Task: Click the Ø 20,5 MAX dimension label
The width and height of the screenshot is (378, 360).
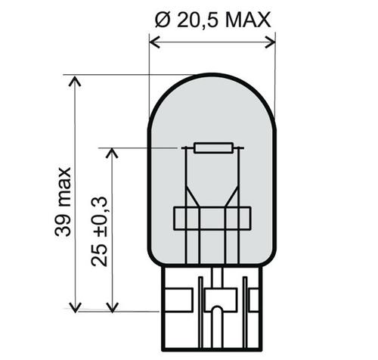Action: click(213, 20)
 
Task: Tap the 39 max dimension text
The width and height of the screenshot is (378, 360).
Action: click(63, 202)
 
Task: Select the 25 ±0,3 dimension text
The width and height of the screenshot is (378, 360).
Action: click(99, 231)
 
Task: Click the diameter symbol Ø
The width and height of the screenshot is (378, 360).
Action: click(163, 20)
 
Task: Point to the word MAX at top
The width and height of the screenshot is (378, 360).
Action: click(248, 20)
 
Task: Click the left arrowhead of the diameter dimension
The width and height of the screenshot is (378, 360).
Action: click(154, 42)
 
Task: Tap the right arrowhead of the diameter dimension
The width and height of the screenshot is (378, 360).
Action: click(270, 42)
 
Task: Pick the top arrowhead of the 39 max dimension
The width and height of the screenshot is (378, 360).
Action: click(75, 81)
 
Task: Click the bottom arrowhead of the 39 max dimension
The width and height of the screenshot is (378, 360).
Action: click(75, 307)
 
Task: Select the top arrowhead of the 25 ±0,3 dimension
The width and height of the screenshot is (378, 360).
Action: click(112, 153)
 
